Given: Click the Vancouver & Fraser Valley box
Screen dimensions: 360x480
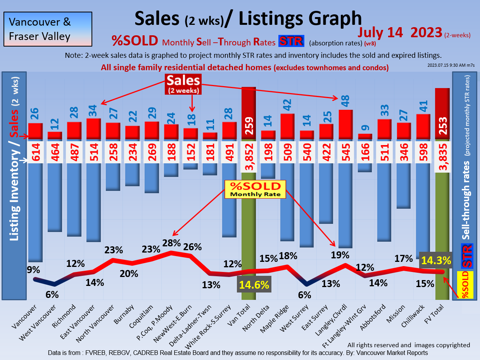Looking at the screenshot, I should [48, 29].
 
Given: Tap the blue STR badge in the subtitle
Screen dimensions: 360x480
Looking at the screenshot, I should [291, 41].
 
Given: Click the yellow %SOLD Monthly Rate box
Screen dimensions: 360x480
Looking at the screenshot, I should [255, 189].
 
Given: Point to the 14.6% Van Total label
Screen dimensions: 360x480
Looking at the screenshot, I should [254, 285].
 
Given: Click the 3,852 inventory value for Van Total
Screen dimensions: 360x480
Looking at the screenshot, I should [249, 155].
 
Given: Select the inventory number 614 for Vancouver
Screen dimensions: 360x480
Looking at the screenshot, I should [35, 152].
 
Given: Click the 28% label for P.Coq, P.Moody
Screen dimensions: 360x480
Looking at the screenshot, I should [171, 243].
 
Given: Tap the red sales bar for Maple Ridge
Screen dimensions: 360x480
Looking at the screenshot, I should [288, 126].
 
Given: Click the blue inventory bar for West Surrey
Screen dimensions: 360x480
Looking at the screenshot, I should [307, 206].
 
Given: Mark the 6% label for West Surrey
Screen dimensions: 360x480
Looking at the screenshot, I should [305, 295].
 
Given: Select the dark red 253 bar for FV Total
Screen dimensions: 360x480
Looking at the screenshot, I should [442, 112].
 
